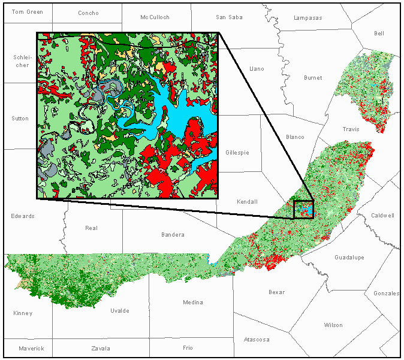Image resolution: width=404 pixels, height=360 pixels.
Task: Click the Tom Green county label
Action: point(28,12)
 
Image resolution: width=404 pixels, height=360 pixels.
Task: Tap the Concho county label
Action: point(88,13)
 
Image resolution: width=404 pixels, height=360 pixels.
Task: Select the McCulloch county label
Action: point(155,17)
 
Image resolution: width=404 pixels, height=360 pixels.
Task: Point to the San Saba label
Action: point(229,17)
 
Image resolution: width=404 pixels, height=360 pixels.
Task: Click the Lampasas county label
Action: point(307,18)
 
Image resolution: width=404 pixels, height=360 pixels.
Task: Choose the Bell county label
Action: point(379,34)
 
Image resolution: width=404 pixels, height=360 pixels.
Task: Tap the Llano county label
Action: point(257,69)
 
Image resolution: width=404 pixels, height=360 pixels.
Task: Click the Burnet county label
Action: point(313,78)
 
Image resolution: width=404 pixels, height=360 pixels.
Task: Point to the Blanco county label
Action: point(295,137)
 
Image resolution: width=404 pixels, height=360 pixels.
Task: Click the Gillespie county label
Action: point(237,153)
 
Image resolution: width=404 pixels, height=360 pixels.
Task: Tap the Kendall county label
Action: point(247,202)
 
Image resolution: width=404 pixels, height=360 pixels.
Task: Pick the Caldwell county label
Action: point(382,216)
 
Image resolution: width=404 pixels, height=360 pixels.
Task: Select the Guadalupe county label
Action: point(349,257)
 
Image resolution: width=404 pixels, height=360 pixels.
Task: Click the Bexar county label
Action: point(277,292)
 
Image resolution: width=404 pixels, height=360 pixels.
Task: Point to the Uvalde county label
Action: point(119,311)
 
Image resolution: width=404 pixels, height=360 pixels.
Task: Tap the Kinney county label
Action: point(23,313)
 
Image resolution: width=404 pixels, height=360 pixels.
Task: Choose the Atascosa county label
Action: point(257,340)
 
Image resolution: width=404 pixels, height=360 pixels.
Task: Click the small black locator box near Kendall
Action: point(303,209)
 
